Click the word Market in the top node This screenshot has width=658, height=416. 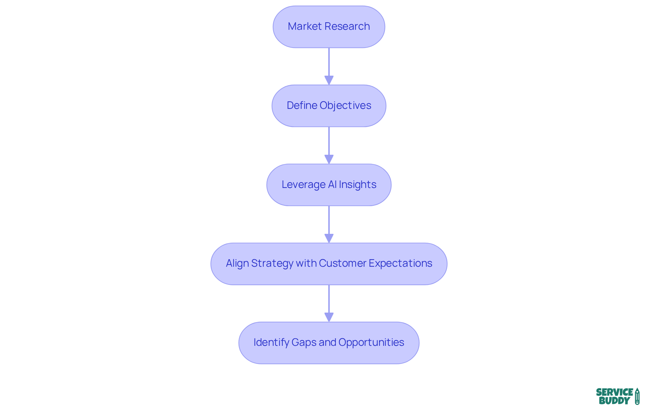(305, 26)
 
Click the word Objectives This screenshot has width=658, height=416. (345, 105)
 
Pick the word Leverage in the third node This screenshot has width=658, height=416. (303, 185)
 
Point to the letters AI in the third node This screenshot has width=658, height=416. (332, 185)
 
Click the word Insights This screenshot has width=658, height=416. (357, 185)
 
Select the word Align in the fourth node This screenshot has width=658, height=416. (237, 263)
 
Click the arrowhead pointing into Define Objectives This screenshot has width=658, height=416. (329, 80)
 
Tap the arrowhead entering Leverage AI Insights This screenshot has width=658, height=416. (329, 159)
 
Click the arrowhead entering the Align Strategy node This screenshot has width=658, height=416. (329, 238)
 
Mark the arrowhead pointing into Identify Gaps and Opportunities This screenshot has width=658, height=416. (329, 317)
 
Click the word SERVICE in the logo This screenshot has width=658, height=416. (614, 392)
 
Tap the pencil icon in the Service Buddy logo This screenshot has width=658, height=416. (637, 396)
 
